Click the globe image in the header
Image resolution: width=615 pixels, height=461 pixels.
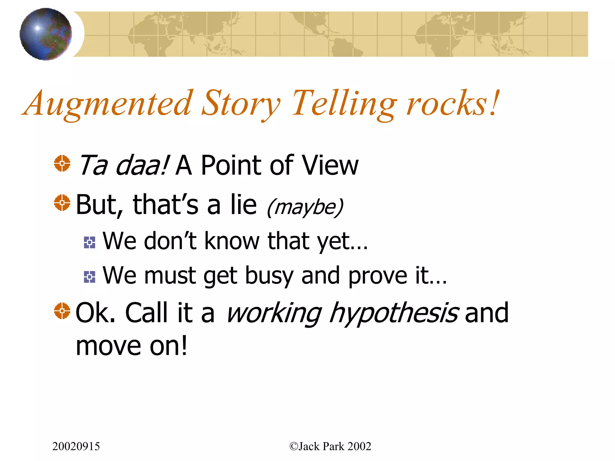point(46,34)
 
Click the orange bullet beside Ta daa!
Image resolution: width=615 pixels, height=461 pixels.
point(62,164)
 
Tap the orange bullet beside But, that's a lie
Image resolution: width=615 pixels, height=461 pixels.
point(62,203)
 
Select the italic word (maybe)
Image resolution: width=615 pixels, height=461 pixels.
point(305,207)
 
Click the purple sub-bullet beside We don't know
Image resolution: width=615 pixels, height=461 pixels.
point(89,243)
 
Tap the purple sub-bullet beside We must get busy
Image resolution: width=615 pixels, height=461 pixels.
point(89,277)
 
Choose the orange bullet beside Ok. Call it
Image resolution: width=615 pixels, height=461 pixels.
point(62,311)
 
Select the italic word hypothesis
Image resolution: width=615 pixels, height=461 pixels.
point(393,314)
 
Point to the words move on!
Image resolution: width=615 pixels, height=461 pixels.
point(132,346)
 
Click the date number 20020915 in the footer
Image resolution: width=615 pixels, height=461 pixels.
point(76,446)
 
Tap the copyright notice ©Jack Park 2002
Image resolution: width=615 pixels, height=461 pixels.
point(330,446)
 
